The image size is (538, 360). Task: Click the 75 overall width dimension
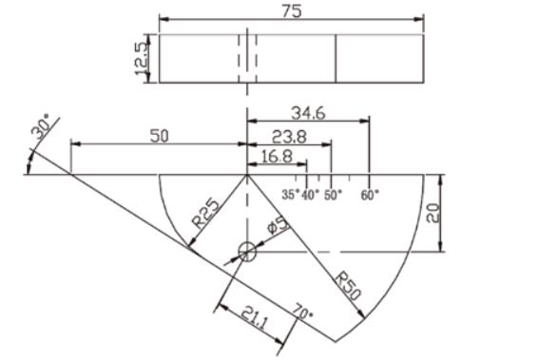coord(292,10)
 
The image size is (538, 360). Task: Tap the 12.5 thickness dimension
coord(142,58)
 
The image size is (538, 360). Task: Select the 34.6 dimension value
coord(308,113)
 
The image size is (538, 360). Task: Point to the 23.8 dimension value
coord(289,137)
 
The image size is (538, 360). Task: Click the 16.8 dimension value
coord(277,157)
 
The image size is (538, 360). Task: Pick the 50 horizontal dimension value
coord(160,136)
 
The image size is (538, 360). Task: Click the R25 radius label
coord(206,213)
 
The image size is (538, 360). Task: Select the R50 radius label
coord(348,285)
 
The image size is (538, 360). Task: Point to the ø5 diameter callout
coord(278,225)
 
